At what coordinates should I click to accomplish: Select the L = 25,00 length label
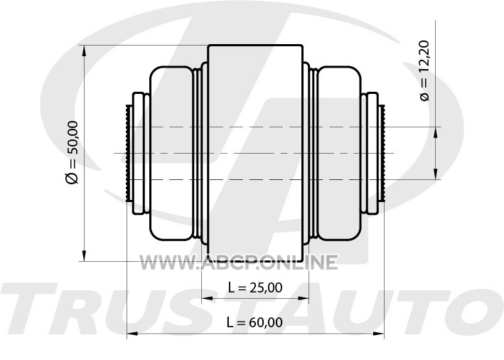click(255, 287)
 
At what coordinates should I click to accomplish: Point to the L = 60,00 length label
click(255, 322)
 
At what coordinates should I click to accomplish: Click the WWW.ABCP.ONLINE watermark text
click(238, 262)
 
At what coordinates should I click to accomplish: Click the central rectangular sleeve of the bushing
click(255, 153)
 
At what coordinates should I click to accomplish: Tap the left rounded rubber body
click(173, 153)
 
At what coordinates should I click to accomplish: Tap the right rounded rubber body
click(338, 153)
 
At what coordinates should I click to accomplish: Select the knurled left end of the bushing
click(127, 153)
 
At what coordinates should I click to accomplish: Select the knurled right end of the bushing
click(382, 153)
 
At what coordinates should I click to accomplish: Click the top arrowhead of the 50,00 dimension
click(85, 51)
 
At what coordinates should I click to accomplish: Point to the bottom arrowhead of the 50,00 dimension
click(85, 256)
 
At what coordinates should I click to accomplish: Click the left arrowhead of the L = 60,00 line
click(131, 333)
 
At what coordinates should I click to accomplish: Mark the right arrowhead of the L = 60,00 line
click(380, 333)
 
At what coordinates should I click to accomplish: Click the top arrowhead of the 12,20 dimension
click(434, 132)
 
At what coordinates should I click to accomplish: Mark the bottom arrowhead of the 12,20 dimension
click(434, 174)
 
